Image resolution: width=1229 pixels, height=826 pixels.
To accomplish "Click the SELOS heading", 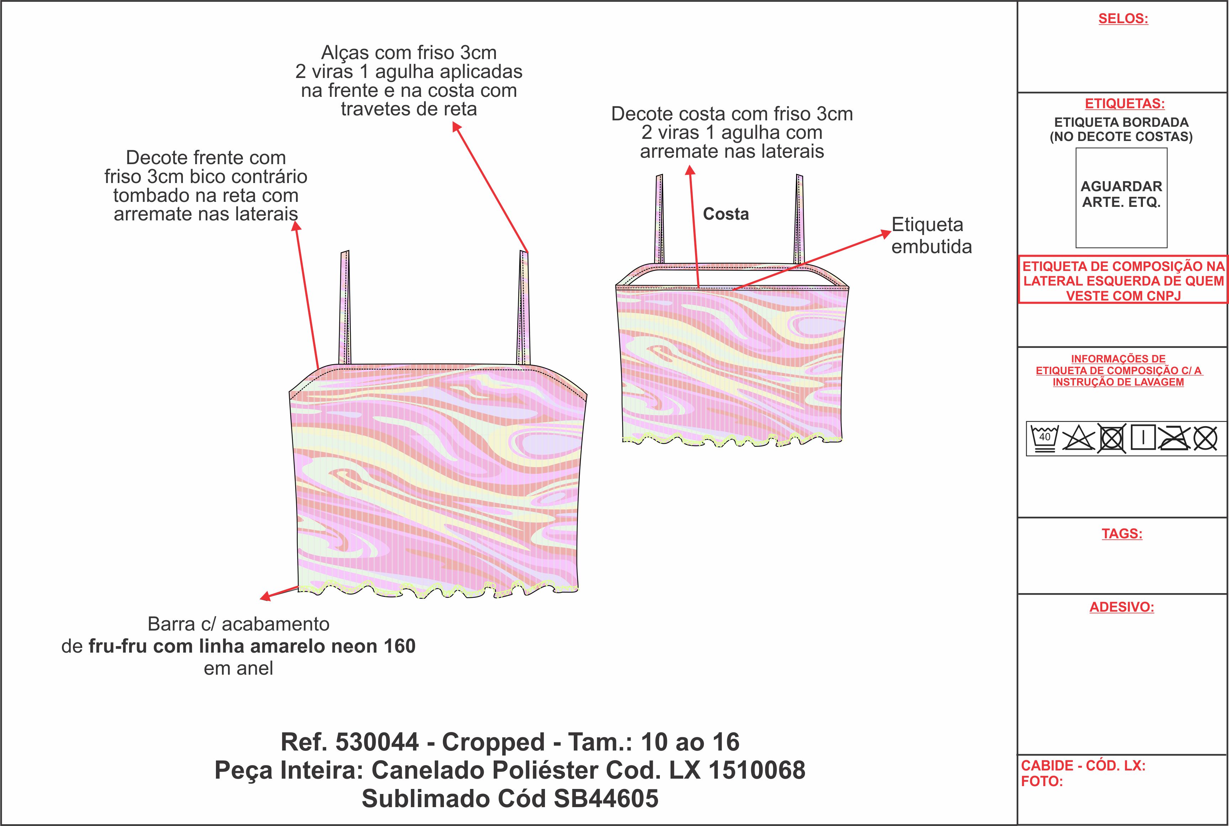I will [1123, 19].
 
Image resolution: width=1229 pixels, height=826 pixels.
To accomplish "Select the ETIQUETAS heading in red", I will [1125, 103].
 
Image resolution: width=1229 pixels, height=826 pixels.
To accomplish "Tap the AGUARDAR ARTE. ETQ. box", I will [1121, 198].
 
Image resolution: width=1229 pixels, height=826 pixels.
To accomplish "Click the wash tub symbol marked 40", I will [1044, 438].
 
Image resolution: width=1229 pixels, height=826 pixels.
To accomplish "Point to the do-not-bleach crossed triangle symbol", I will [1077, 438].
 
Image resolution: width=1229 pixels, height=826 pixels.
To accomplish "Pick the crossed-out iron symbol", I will [1174, 438].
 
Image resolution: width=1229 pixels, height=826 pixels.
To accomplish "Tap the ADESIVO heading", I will [1122, 607].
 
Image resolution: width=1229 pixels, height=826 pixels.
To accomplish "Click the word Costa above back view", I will [726, 214].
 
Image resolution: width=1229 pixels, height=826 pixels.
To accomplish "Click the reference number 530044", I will [377, 742].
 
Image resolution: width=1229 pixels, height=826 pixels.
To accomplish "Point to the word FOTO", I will [1042, 782].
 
